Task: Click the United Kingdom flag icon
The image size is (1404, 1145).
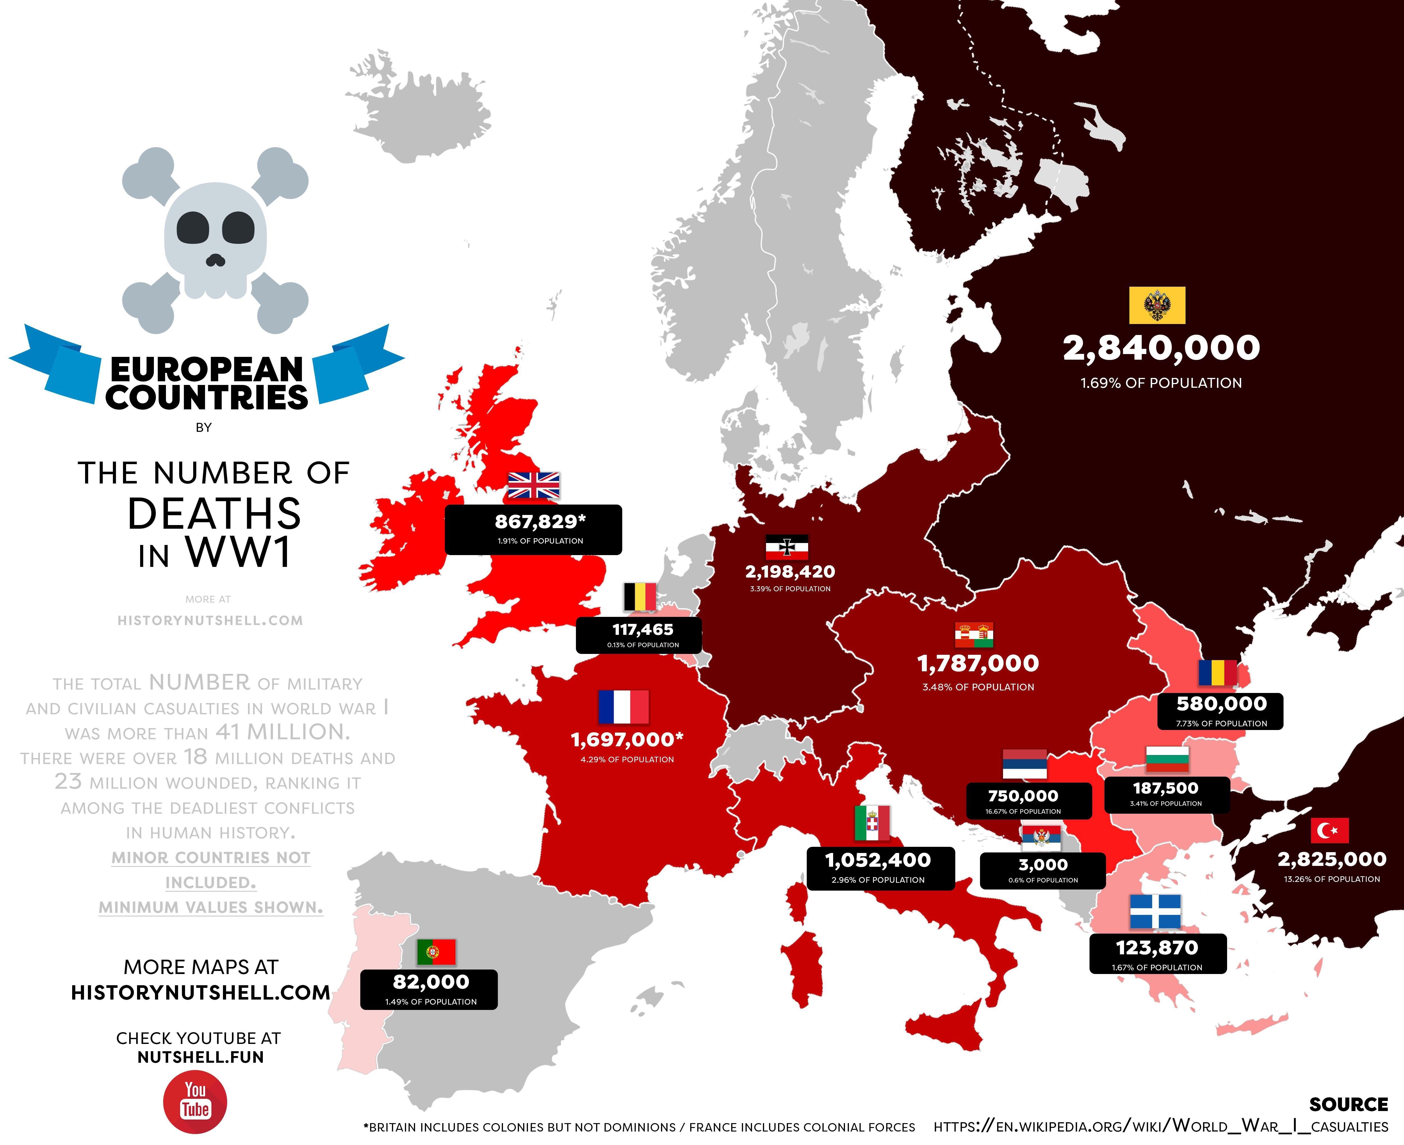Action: pyautogui.click(x=534, y=485)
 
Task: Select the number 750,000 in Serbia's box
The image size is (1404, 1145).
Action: pyautogui.click(x=1023, y=796)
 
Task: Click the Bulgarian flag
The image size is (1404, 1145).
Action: pyautogui.click(x=1167, y=759)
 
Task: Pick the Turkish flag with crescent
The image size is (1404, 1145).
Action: pyautogui.click(x=1330, y=830)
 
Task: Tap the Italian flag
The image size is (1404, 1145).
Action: pyautogui.click(x=872, y=823)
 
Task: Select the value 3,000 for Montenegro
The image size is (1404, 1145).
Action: pyautogui.click(x=1043, y=865)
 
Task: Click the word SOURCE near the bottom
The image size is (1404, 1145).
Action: pyautogui.click(x=1349, y=1104)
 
